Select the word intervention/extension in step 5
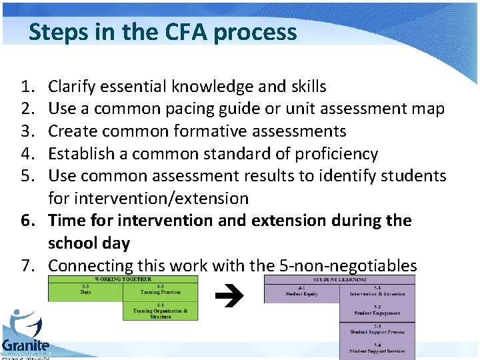(148, 199)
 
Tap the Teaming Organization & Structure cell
(161, 311)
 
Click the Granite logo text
(25, 345)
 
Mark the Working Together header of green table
(123, 279)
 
